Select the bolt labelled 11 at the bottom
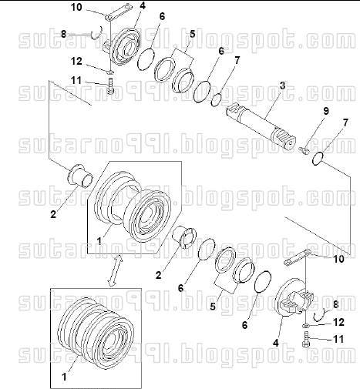(x=307, y=341)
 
